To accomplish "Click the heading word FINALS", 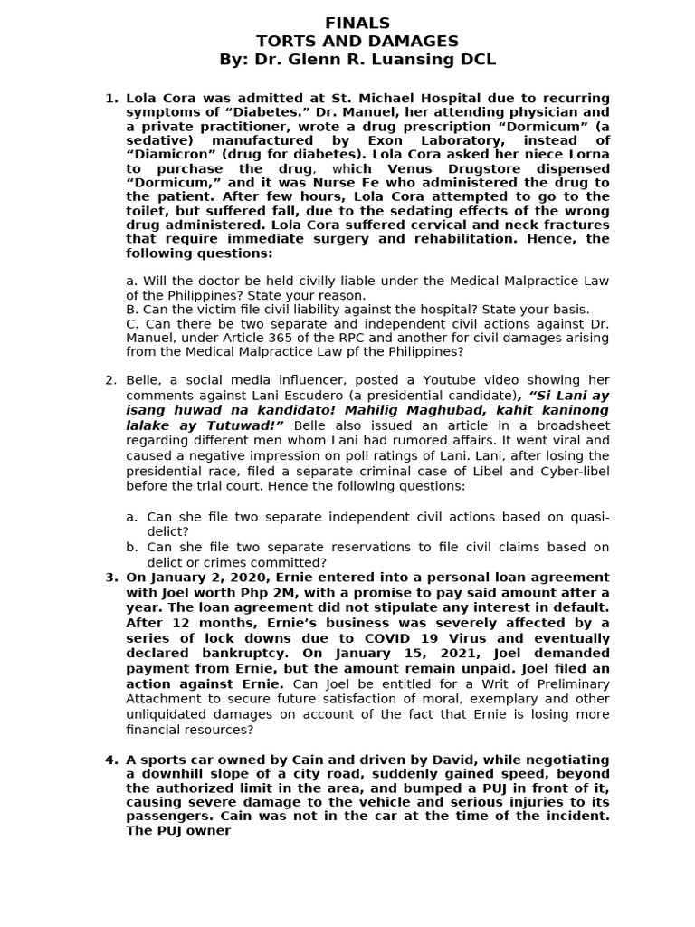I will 357,23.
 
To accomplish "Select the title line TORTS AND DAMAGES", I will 357,41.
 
